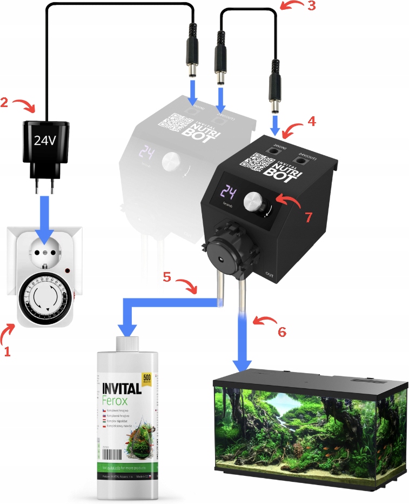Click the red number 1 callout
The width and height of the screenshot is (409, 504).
[x=7, y=351]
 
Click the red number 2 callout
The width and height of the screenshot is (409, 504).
[x=5, y=101]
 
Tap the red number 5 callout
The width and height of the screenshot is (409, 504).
[x=169, y=278]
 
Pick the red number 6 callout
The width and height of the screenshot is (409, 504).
[x=281, y=331]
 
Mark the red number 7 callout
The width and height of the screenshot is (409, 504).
[x=308, y=217]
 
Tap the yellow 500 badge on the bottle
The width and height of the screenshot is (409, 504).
[x=146, y=378]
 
